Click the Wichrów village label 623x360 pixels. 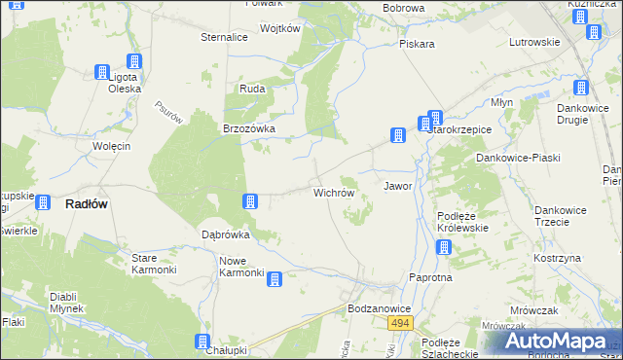[333, 193]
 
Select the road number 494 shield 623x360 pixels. [399, 322]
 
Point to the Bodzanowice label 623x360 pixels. [380, 308]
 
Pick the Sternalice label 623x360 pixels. [224, 37]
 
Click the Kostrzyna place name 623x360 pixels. [557, 258]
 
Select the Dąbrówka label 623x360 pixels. [226, 234]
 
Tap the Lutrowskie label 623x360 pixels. [534, 43]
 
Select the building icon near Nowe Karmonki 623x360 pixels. [275, 280]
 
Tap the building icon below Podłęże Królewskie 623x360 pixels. [444, 247]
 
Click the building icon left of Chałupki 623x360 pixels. [202, 342]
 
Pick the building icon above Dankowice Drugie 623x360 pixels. [581, 87]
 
